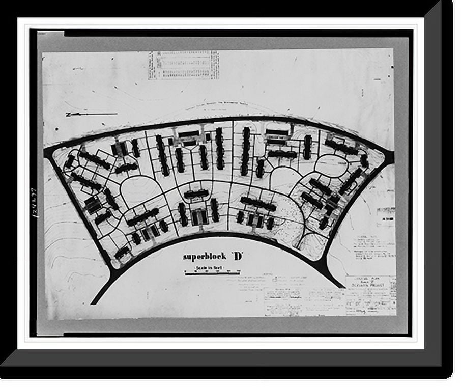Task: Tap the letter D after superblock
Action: click(x=238, y=256)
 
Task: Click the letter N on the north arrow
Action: click(x=68, y=115)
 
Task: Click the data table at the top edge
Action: click(x=183, y=65)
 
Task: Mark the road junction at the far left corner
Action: click(x=49, y=151)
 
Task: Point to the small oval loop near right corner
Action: click(x=331, y=165)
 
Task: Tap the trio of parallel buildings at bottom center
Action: click(x=199, y=217)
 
